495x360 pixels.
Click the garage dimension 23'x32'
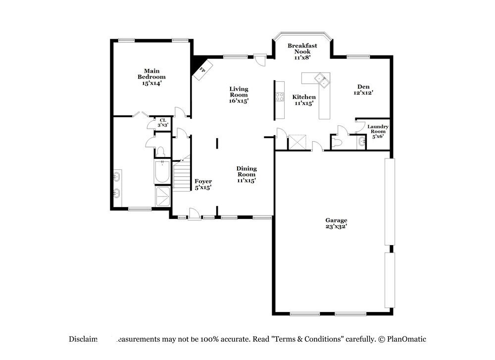(336, 226)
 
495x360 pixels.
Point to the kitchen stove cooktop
(280, 97)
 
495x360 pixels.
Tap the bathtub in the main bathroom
(162, 171)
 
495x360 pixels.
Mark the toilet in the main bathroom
(161, 152)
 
